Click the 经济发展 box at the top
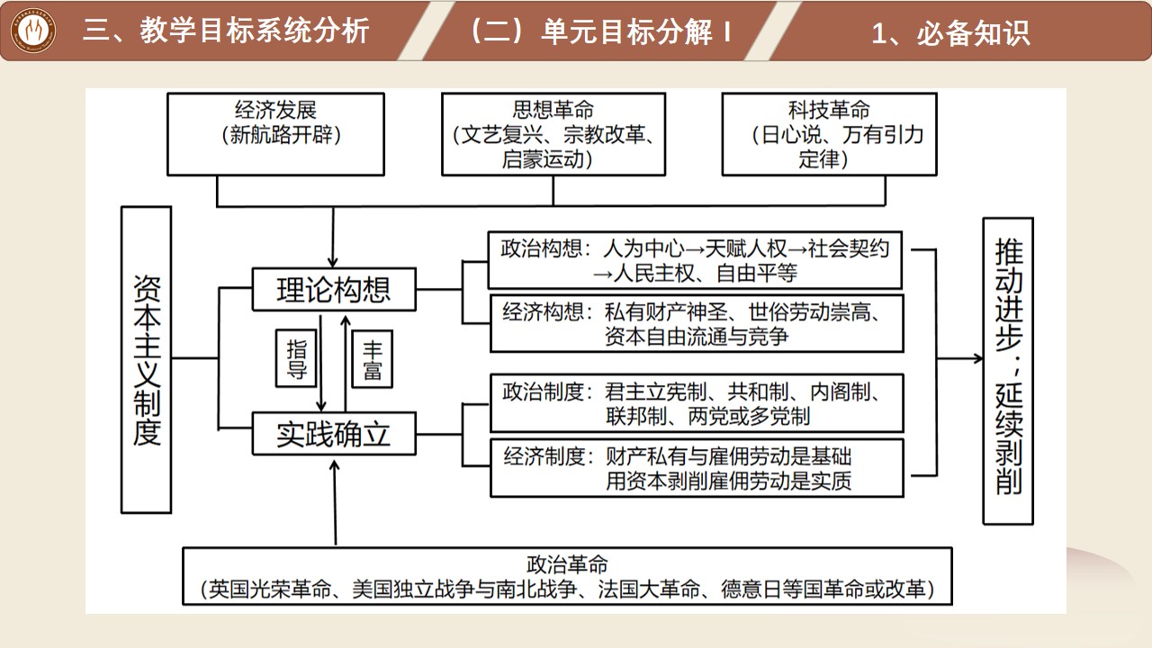click(271, 133)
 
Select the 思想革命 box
click(553, 134)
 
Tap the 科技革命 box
click(829, 134)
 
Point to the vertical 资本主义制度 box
click(146, 360)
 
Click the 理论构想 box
click(334, 290)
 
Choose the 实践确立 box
click(334, 434)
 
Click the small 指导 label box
click(297, 359)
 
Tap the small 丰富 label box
click(372, 359)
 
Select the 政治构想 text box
click(695, 260)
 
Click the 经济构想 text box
click(697, 324)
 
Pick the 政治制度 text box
click(697, 404)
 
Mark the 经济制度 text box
click(697, 468)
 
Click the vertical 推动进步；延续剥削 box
click(1008, 369)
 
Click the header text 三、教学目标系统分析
click(225, 31)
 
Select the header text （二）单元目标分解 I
click(599, 31)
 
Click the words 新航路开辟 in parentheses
click(271, 136)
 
